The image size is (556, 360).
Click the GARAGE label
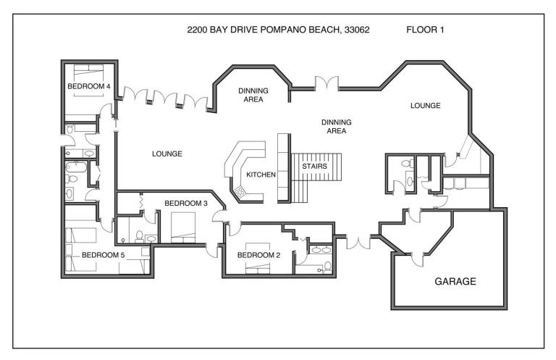455,282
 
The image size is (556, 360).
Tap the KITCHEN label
261,175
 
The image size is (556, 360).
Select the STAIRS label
314,167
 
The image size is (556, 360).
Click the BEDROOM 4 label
88,86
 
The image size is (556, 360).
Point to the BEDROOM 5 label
104,255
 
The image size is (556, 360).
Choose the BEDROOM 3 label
186,204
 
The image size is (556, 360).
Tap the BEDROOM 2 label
259,255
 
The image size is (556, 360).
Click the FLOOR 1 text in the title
425,30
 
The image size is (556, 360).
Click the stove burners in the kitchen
240,192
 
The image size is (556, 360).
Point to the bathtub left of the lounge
76,167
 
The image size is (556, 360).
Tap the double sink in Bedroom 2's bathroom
321,250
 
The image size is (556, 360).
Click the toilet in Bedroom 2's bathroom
327,267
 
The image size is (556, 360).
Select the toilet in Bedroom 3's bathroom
139,236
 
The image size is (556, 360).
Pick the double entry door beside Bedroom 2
358,241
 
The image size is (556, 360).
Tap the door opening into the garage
417,259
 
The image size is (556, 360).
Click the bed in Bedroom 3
183,227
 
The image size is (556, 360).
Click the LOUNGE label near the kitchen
167,154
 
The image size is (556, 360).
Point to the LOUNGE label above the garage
426,106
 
